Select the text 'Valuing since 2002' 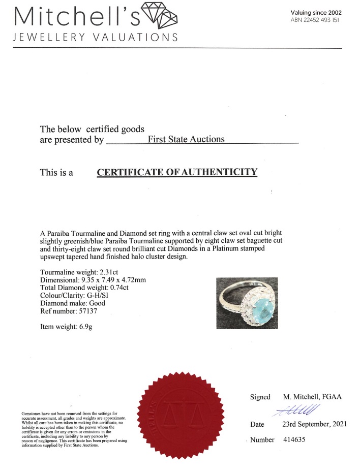click(x=316, y=12)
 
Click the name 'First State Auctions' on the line click(x=186, y=139)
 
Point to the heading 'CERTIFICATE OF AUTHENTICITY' click(x=177, y=172)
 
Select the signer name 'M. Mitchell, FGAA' click(x=311, y=397)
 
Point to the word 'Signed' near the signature click(x=260, y=397)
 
